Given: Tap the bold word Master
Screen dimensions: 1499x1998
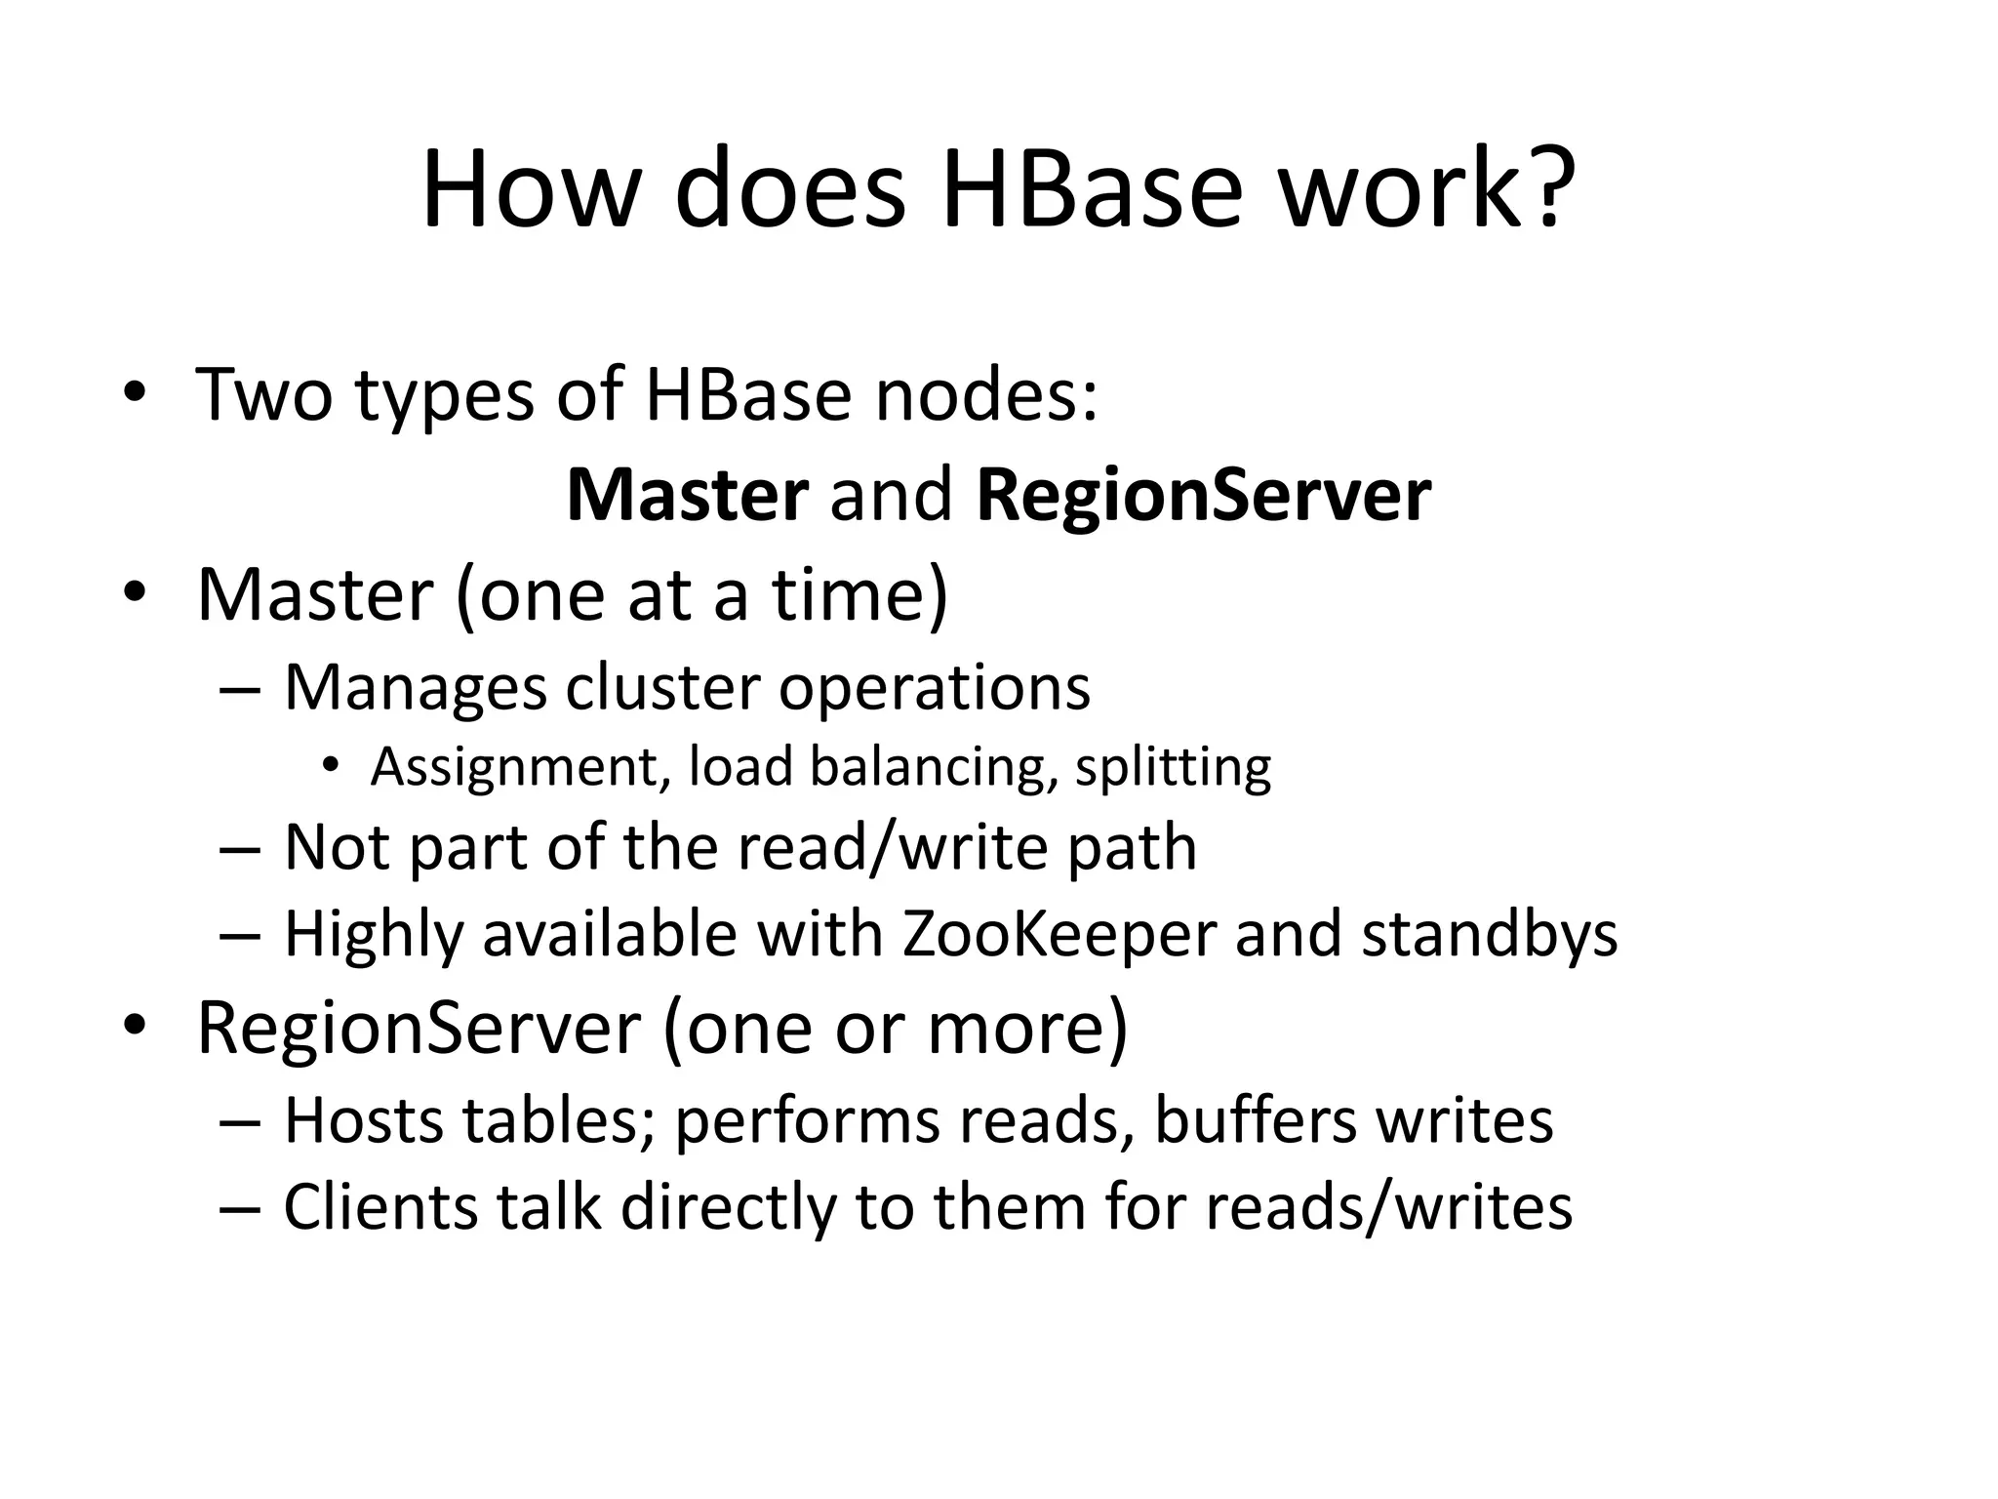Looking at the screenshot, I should (687, 496).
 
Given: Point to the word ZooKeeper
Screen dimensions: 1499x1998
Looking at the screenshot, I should (1059, 934).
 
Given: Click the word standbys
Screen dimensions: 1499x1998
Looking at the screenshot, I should (1490, 934).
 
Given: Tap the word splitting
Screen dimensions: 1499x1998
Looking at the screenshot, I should (1173, 767).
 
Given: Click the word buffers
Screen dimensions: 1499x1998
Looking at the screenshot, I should (1255, 1120).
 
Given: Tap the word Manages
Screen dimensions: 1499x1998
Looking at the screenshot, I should (416, 689).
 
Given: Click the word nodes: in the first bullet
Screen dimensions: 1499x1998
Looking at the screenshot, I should (986, 394).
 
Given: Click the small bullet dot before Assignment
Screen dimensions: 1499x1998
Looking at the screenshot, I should (332, 767).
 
